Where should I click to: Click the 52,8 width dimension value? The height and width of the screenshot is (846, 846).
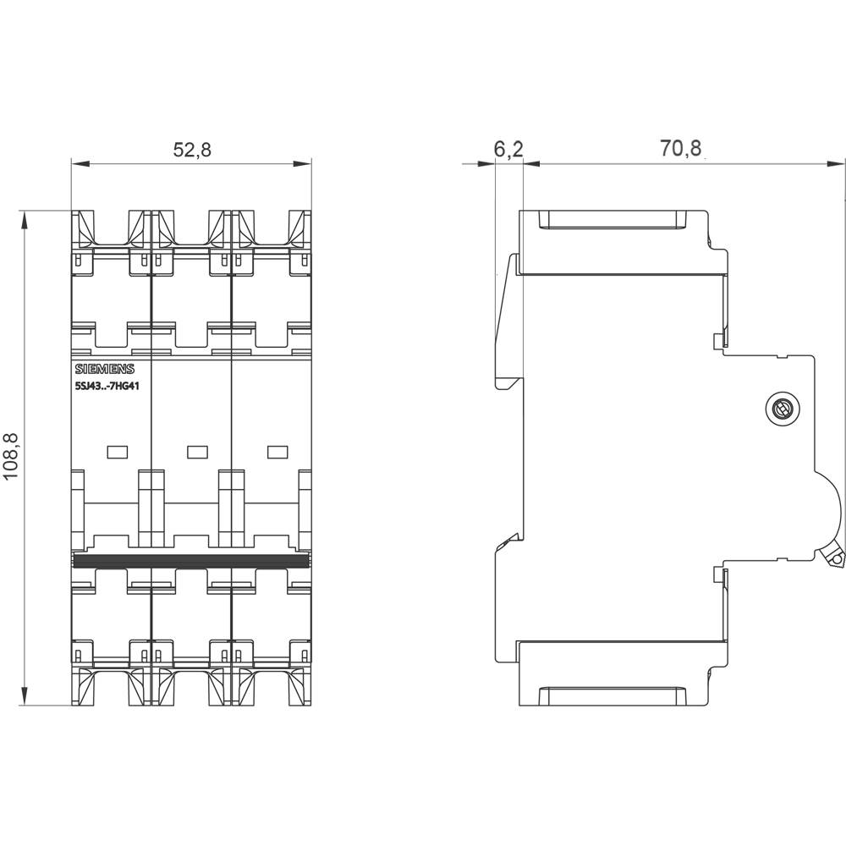191,150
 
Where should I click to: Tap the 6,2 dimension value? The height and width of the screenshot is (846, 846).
508,150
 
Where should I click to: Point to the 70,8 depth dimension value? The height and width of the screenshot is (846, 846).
681,149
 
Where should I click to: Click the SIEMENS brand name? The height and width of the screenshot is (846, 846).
104,369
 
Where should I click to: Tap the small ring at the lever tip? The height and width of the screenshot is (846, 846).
836,559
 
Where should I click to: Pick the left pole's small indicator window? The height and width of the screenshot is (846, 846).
117,452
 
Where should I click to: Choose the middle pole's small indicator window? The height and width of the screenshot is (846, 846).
196,452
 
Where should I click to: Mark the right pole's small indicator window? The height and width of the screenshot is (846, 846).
277,452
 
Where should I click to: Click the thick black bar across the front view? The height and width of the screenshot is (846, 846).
191,561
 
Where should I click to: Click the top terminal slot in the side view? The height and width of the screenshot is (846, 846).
613,221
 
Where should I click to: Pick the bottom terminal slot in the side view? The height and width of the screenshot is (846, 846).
613,696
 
